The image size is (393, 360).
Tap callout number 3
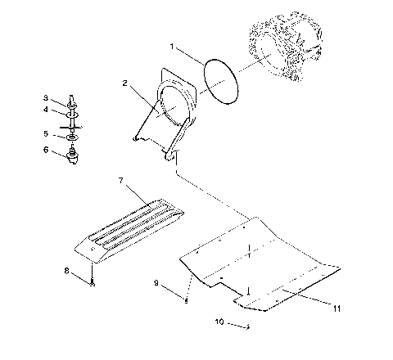point(46,98)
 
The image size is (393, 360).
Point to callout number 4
point(46,110)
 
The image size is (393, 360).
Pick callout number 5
point(46,133)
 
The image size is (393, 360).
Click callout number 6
point(46,151)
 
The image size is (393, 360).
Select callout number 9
point(155,283)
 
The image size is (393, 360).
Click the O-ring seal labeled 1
point(220,80)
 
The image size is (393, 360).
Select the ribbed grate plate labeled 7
point(131,225)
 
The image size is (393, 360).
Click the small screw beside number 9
point(187,299)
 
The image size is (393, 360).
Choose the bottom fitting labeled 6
point(72,154)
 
